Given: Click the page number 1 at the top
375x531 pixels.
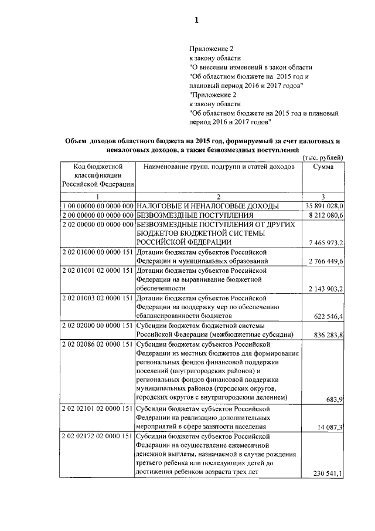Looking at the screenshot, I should click(x=197, y=21).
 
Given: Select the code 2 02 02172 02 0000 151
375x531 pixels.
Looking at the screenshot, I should click(x=98, y=437).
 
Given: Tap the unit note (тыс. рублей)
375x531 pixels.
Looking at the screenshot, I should click(x=322, y=158).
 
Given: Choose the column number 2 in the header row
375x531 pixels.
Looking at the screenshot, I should click(x=218, y=195).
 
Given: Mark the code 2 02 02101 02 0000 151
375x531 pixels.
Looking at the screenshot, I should click(x=98, y=409).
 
